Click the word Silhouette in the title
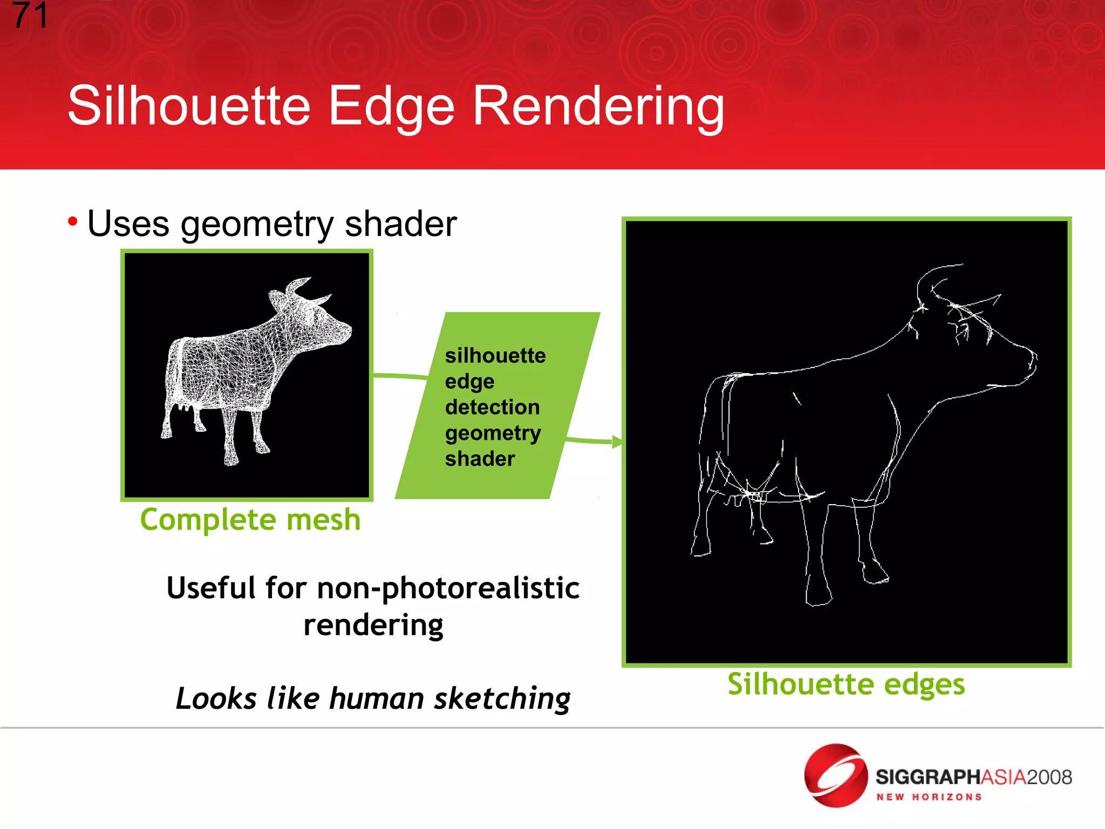189,106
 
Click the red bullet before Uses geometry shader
73,221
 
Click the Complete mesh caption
250,520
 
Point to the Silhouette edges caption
845,684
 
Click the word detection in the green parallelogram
492,407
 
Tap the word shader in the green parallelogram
480,459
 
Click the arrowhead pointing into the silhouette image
617,442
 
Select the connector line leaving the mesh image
399,376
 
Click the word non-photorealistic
448,588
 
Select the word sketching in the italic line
502,698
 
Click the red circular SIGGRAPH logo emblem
835,776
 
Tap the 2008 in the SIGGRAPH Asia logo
1049,777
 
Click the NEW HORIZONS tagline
929,797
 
